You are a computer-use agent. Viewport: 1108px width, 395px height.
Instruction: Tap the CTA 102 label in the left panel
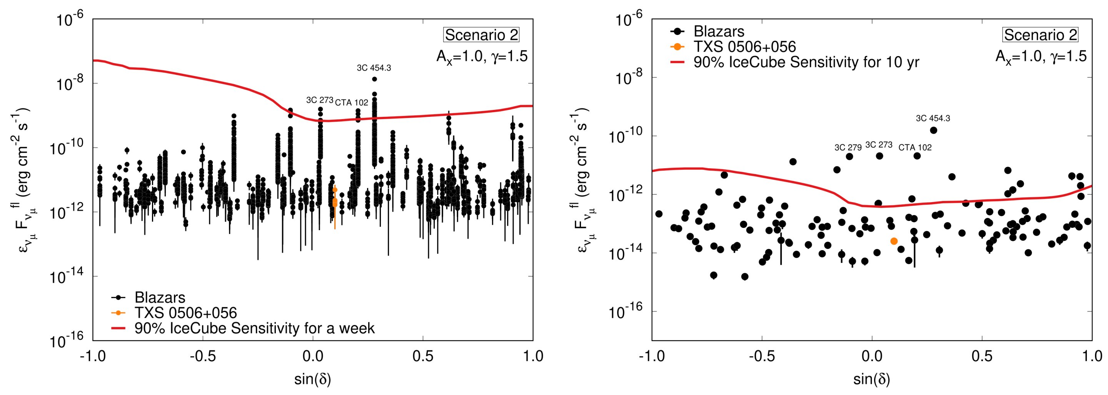tap(351, 103)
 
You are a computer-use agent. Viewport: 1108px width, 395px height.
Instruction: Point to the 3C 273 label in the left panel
tap(320, 100)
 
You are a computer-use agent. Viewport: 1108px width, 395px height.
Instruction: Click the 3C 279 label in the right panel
tap(848, 148)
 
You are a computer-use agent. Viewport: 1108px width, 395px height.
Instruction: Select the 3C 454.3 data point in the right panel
tap(933, 130)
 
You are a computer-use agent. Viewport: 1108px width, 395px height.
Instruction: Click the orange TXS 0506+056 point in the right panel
tap(894, 241)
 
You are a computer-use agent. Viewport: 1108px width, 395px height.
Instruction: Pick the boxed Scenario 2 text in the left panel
tap(481, 35)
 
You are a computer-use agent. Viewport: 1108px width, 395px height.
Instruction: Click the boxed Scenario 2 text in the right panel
tap(1040, 35)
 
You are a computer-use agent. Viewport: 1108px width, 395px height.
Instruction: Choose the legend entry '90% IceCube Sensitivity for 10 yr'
tap(806, 62)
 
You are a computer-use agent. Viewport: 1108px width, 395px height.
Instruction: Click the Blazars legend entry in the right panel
tap(718, 32)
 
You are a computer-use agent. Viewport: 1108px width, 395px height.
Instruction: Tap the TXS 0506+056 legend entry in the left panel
tap(185, 313)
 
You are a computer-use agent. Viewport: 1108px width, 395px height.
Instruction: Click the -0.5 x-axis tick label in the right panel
tap(762, 356)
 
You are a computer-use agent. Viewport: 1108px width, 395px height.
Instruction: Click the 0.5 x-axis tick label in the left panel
tap(423, 356)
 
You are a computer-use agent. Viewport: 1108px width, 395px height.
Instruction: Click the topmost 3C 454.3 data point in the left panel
tap(374, 79)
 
